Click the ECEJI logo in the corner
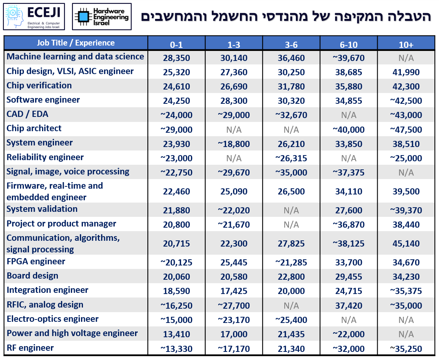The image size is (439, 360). [x=34, y=16]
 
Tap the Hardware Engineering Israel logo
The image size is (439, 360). [x=102, y=16]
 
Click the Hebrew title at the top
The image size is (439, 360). [x=285, y=16]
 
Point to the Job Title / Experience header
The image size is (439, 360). [x=76, y=43]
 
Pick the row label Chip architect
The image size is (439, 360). [x=34, y=128]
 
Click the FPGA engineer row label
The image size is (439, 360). [x=36, y=262]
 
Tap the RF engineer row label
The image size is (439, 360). [x=30, y=348]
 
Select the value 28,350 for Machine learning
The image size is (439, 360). [x=176, y=58]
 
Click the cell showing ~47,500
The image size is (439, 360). [x=406, y=130]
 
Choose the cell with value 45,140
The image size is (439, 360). [x=406, y=244]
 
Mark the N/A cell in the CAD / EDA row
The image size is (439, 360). [x=349, y=115]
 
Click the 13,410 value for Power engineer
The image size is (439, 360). [x=176, y=334]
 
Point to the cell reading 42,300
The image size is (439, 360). [x=406, y=87]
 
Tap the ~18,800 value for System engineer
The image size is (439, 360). [x=234, y=144]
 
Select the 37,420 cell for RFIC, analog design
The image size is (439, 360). [x=349, y=306]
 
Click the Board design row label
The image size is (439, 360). [x=32, y=276]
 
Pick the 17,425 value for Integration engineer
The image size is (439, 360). [x=234, y=291]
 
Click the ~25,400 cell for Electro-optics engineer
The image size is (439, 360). [x=291, y=320]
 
